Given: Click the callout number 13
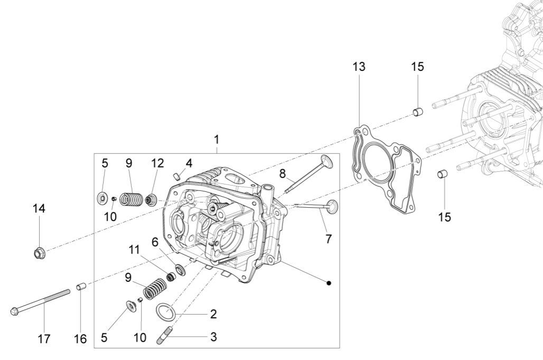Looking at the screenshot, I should pyautogui.click(x=359, y=67).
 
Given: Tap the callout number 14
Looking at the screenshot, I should pyautogui.click(x=39, y=208).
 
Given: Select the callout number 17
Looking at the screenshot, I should pyautogui.click(x=44, y=338).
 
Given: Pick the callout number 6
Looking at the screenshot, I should pyautogui.click(x=155, y=242).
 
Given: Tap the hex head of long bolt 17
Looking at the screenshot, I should pyautogui.click(x=14, y=312).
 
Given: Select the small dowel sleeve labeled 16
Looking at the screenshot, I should pyautogui.click(x=81, y=288).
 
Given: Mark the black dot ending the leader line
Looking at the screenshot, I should pyautogui.click(x=329, y=283).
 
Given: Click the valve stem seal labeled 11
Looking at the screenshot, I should pyautogui.click(x=171, y=276).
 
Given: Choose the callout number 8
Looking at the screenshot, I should pyautogui.click(x=283, y=173).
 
